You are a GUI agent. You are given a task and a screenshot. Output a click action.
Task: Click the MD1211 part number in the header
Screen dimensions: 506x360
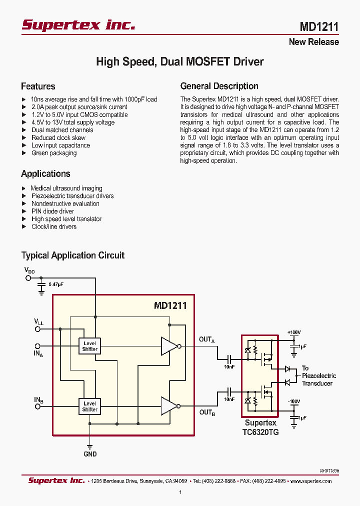coord(319,26)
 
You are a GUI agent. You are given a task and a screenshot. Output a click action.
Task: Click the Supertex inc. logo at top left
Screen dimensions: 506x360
coord(78,25)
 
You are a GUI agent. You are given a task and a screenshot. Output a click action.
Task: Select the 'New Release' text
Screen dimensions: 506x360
coord(313,42)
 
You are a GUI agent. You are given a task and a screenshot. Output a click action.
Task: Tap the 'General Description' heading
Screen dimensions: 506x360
coord(219,86)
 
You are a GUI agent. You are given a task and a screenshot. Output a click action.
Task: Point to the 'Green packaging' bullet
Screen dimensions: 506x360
coord(54,153)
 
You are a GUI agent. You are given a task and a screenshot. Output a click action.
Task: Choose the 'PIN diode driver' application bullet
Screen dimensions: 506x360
coord(52,211)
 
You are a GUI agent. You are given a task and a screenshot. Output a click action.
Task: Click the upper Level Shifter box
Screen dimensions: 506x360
coord(90,346)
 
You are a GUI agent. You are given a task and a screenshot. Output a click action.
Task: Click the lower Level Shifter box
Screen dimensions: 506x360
coord(90,406)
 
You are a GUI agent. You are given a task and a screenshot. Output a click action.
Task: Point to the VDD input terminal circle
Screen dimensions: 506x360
coord(28,277)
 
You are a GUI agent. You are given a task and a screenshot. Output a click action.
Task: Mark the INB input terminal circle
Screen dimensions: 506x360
coord(37,406)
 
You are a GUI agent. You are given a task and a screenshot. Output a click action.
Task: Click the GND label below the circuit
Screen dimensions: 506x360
coord(90,454)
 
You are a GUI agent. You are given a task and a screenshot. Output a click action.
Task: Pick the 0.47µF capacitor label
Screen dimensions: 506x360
coord(56,284)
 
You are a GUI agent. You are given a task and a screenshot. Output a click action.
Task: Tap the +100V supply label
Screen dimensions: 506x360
coord(294,332)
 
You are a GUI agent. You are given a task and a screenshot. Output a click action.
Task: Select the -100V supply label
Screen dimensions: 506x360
coord(293,401)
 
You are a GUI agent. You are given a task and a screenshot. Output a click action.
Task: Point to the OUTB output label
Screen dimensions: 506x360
coord(206,412)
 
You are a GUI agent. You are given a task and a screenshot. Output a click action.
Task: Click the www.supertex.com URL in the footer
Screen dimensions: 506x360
coord(310,481)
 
